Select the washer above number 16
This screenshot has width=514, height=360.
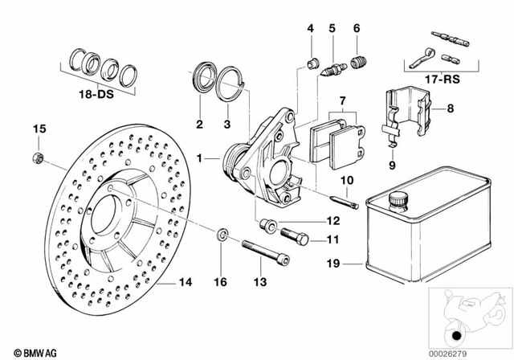[x=222, y=235]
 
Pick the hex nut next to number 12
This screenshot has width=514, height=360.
[x=267, y=223]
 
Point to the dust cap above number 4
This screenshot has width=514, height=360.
[x=312, y=63]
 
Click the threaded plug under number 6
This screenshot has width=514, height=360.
[x=359, y=63]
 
